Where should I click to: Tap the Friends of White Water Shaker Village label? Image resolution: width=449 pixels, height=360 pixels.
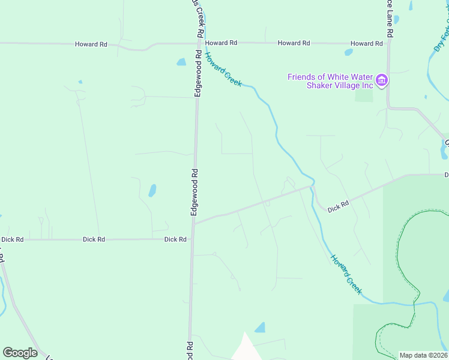(331, 81)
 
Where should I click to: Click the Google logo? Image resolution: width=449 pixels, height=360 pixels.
(20, 353)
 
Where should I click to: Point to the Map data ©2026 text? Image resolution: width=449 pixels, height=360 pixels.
(423, 355)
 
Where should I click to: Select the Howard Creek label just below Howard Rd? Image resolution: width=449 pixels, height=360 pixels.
(223, 69)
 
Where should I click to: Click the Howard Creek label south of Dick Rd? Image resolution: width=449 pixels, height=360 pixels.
(346, 274)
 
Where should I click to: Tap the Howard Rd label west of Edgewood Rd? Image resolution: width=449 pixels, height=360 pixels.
(91, 44)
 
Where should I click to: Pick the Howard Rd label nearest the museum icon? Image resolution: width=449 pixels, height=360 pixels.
(366, 44)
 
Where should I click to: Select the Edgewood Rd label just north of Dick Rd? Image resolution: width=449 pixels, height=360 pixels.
(194, 192)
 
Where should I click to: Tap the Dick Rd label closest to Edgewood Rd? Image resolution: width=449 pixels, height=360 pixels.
(175, 239)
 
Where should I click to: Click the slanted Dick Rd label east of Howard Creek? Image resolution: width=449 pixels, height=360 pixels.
(338, 206)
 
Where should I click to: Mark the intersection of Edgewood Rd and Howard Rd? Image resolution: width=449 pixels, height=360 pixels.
(198, 43)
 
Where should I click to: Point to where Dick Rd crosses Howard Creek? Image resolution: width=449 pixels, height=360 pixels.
(312, 187)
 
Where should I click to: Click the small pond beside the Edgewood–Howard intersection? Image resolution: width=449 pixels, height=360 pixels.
(181, 62)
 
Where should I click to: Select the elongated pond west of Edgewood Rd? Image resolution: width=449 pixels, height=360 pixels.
(152, 191)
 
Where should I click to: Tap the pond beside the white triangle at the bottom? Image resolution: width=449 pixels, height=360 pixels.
(260, 328)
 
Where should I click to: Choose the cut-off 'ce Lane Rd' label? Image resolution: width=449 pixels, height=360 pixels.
(390, 18)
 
